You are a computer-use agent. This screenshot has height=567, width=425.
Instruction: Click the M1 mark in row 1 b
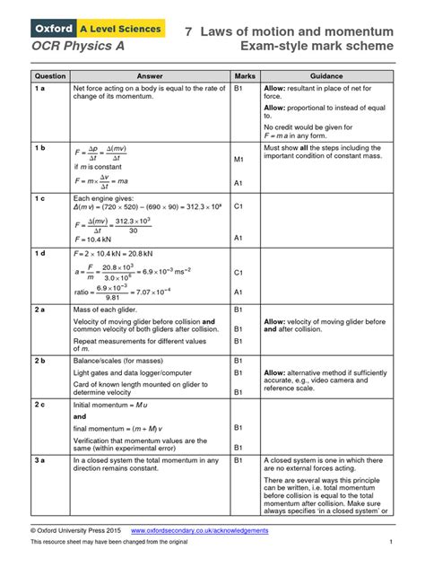[x=239, y=160]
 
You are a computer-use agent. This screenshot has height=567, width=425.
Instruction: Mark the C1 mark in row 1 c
[x=239, y=206]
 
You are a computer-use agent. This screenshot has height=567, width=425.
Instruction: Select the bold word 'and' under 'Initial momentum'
[x=80, y=417]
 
